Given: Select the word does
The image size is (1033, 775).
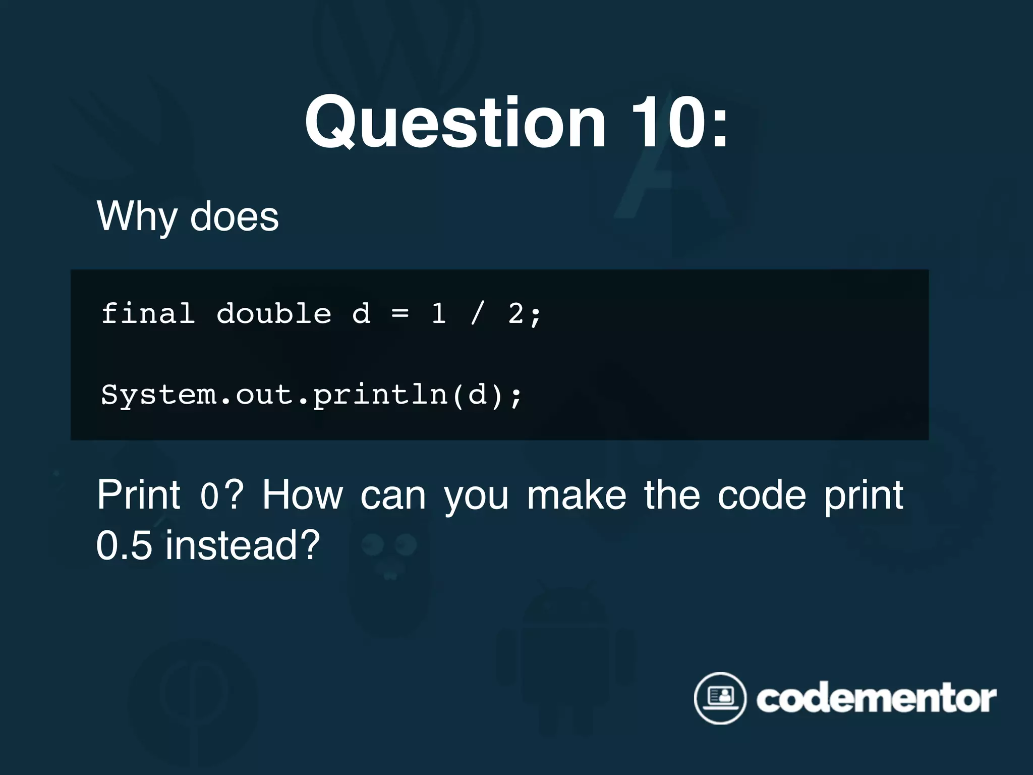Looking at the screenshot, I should coord(234,217).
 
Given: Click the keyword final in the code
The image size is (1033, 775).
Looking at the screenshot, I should coord(148,313).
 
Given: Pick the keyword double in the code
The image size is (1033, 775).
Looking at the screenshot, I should coord(274,313).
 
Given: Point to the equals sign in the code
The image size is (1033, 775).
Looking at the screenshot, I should coord(400,313).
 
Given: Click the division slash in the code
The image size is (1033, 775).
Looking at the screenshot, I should coord(477,313).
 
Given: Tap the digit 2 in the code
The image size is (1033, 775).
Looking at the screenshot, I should coord(516,313).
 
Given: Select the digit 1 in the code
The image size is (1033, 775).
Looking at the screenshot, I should coord(438,313).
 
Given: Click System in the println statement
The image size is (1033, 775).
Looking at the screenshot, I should coord(159,394).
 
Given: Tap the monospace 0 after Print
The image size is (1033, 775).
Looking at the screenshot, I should coord(209,496).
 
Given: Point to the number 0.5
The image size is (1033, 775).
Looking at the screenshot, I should coord(124,545).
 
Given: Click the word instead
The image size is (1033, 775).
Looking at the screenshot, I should coord(243,545).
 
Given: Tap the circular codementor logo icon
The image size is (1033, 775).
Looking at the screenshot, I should coord(720,698).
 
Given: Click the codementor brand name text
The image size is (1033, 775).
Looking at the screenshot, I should coord(876,699).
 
